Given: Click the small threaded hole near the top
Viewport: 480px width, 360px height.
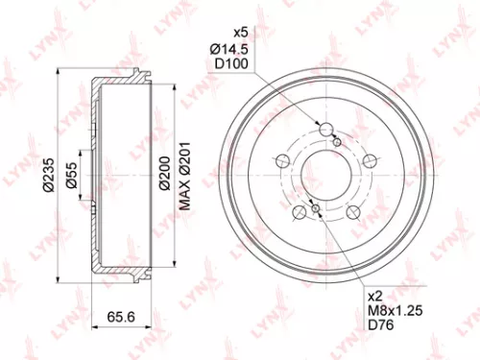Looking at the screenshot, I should [x=337, y=142].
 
